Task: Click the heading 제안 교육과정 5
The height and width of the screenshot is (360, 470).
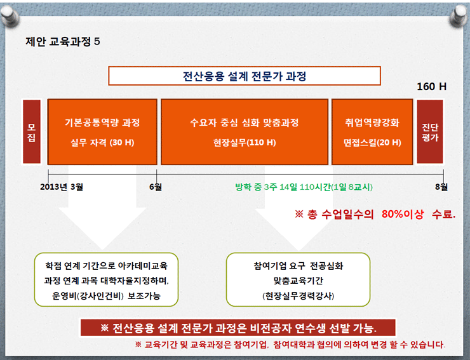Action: click(63, 41)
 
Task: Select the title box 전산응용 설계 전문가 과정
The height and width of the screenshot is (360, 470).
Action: click(245, 76)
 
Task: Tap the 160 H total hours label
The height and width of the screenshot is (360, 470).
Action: click(432, 86)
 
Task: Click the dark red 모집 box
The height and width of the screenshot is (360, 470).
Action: click(32, 131)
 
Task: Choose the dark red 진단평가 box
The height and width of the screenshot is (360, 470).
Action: click(430, 131)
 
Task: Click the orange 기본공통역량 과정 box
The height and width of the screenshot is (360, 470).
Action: click(102, 132)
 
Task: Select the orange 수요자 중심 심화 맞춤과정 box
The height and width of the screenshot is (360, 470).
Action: click(245, 132)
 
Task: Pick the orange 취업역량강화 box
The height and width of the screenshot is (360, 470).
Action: click(372, 132)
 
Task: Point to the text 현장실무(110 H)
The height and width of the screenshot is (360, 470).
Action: click(245, 142)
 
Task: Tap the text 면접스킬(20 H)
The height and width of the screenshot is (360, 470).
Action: click(372, 142)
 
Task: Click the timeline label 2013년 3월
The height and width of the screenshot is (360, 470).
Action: click(62, 187)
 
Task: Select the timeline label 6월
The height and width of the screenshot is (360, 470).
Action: click(156, 187)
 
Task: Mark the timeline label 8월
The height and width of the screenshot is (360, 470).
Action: click(441, 187)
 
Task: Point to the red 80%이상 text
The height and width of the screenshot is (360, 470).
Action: click(403, 214)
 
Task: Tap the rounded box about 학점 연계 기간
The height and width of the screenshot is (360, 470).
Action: click(107, 279)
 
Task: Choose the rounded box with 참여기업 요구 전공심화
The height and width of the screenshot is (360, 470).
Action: click(299, 279)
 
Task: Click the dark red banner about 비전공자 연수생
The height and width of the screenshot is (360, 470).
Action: click(238, 328)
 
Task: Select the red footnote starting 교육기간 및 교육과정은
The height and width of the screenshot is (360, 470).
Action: click(290, 344)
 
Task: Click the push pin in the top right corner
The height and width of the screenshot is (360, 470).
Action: click(459, 16)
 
